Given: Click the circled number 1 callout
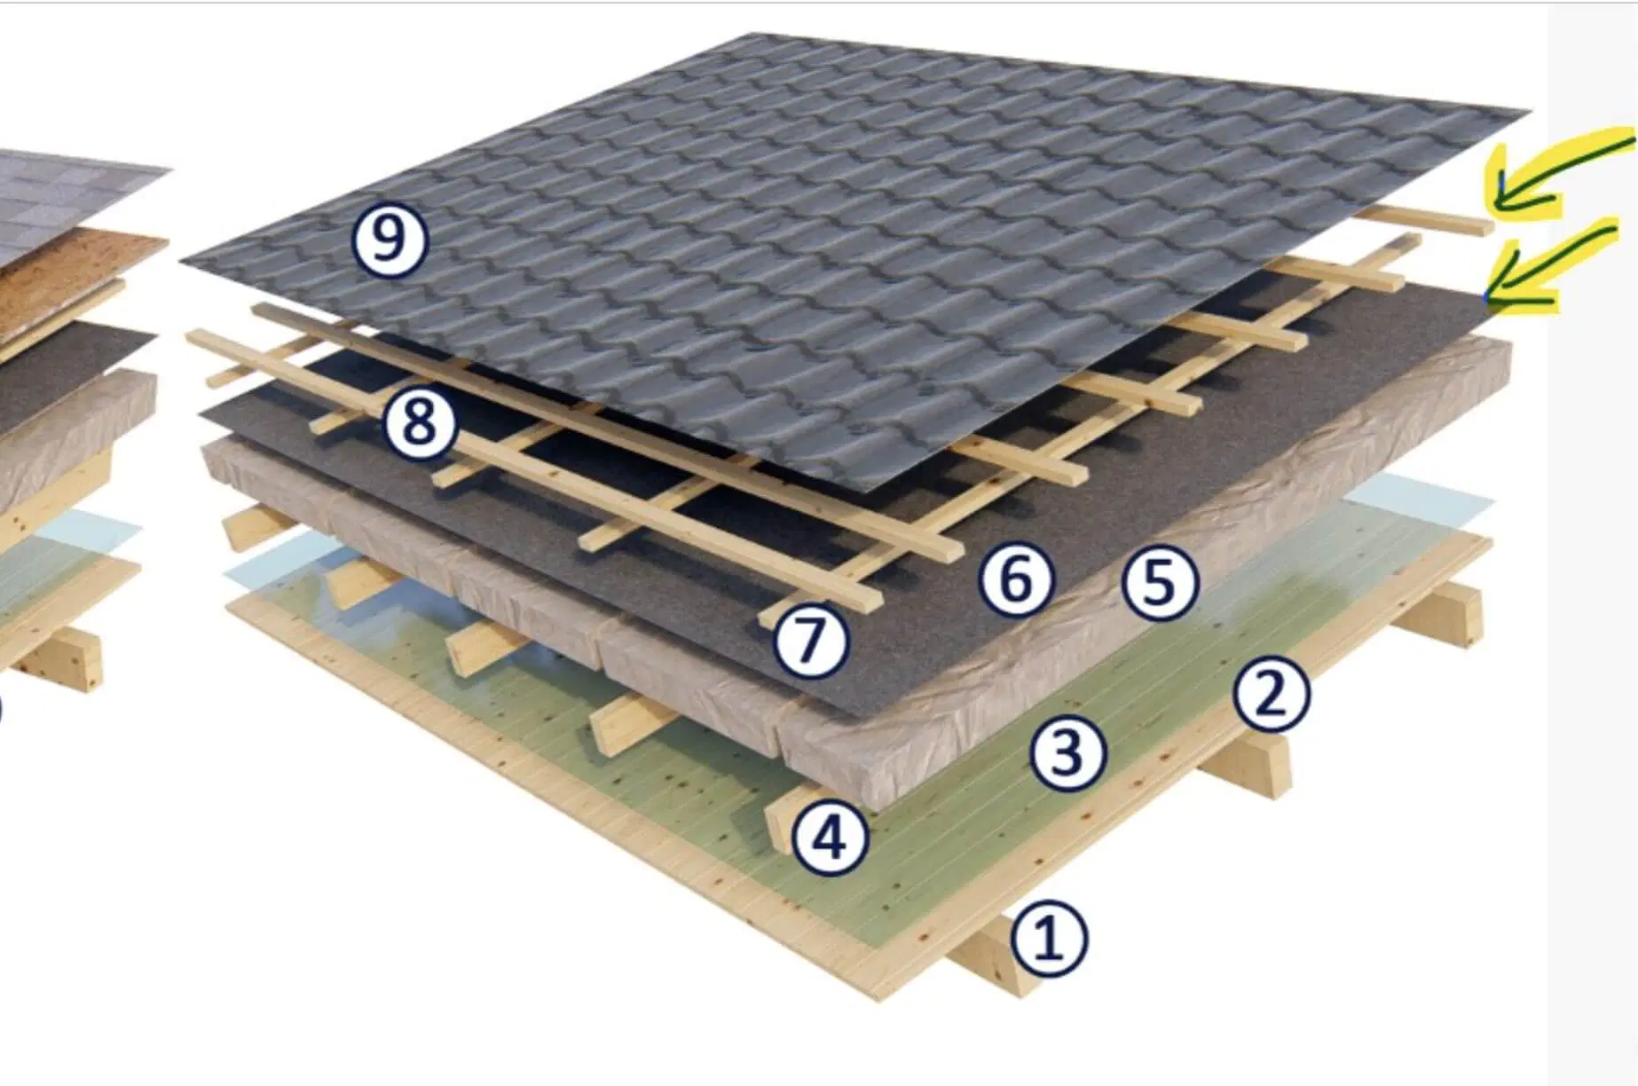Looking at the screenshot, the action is pos(1050,939).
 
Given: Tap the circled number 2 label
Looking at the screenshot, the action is pos(1272,694).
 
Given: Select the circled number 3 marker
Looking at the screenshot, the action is pos(1067,753).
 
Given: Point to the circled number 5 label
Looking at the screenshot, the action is pos(1160,583).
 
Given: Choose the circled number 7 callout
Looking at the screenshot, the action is pos(811,640).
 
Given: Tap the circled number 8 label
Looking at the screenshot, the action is pos(420,421).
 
